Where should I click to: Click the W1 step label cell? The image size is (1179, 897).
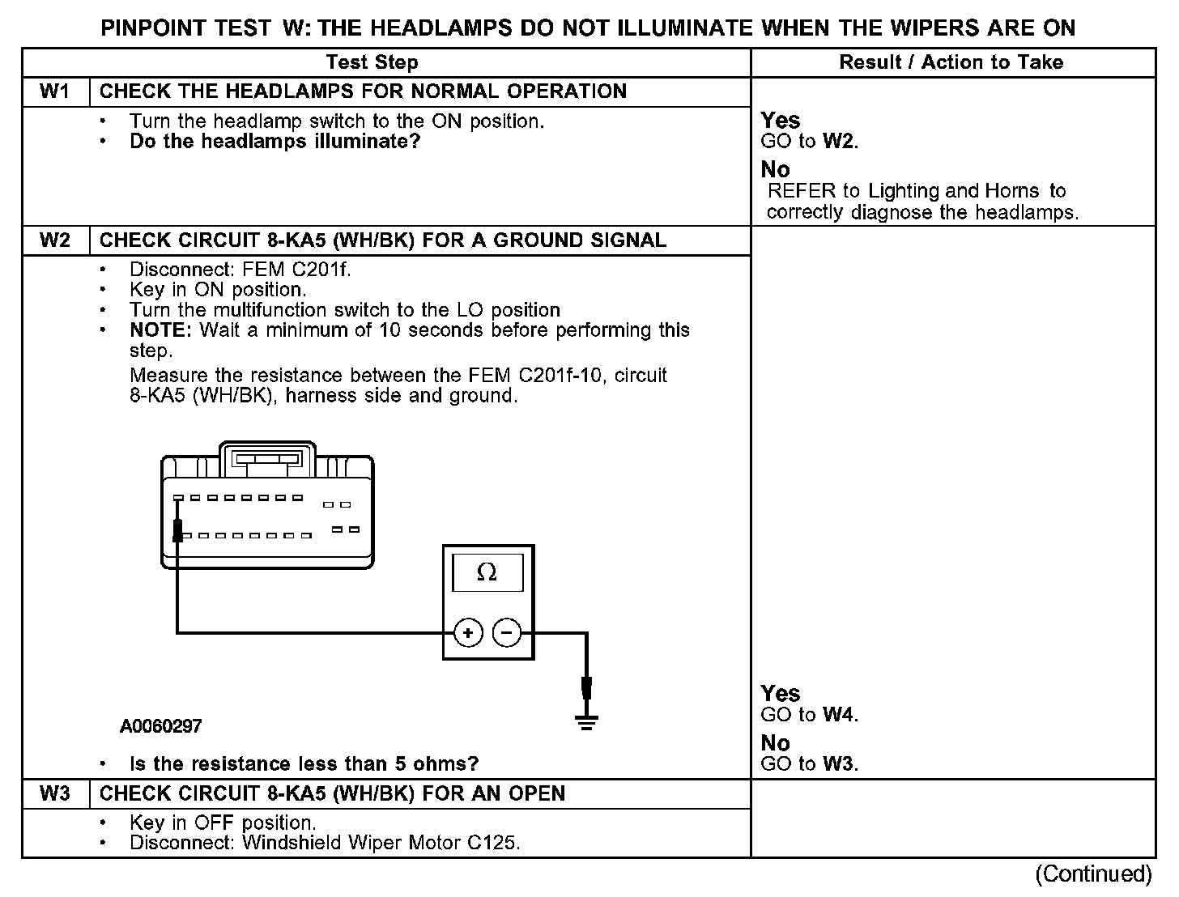click(55, 91)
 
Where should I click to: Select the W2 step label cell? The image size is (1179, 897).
click(55, 240)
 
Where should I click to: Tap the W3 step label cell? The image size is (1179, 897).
click(55, 793)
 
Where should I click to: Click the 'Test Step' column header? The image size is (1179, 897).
click(372, 62)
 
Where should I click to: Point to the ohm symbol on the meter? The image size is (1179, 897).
click(487, 573)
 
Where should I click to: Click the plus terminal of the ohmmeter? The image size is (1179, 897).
click(468, 632)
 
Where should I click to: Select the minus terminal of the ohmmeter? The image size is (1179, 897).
click(507, 632)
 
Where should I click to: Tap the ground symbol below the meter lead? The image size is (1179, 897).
click(586, 721)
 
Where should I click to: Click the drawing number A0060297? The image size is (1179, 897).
click(161, 726)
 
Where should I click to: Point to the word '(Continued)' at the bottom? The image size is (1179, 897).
click(1093, 874)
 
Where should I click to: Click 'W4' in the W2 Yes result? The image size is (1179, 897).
click(839, 715)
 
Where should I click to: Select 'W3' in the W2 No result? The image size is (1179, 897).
click(839, 763)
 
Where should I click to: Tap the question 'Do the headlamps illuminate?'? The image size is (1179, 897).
click(275, 142)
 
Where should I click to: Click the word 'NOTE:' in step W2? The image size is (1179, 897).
click(161, 330)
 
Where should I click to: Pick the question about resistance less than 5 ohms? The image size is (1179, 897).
click(304, 763)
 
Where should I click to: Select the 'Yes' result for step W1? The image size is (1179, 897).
click(781, 121)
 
